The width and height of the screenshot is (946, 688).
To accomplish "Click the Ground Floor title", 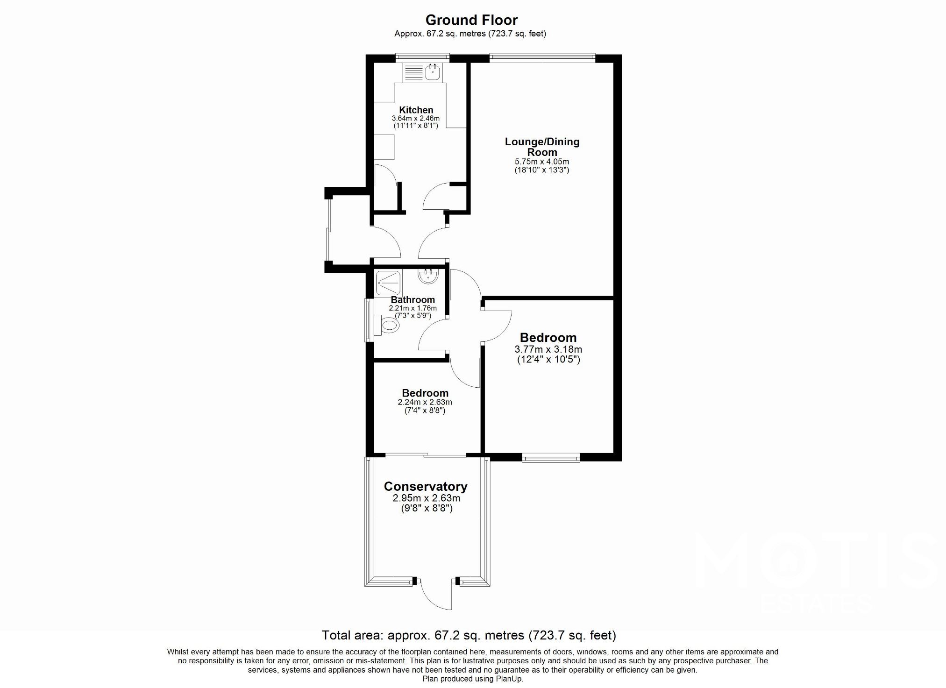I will click(471, 20).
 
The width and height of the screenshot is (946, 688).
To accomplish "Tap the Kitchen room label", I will click(416, 110).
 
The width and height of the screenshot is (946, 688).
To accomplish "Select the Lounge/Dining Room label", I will click(542, 147).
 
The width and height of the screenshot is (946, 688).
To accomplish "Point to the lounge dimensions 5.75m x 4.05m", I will click(542, 162).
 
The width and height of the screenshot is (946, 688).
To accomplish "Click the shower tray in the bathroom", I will click(388, 283).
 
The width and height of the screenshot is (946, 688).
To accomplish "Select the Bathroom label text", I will click(413, 300).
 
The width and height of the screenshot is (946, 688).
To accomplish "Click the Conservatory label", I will click(426, 487).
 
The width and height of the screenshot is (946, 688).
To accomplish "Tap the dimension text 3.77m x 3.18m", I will click(548, 349).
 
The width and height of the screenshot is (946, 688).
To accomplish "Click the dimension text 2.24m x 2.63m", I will click(425, 402).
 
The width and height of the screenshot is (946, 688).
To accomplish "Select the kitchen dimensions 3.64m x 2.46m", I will click(415, 119).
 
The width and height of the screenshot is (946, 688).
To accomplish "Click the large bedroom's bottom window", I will click(551, 459).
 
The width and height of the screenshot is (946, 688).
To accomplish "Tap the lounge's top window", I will click(542, 57).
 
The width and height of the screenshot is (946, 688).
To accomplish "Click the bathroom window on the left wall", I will click(369, 320).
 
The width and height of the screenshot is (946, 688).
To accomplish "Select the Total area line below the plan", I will click(469, 635).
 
